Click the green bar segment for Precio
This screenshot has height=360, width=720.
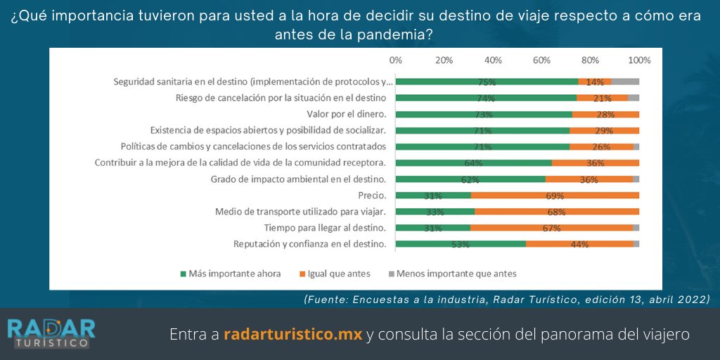pos(433,195)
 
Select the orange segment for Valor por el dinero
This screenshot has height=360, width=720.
pos(605,114)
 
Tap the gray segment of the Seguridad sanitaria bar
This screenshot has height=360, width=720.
pos(625,82)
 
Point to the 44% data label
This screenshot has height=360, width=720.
pos(579,244)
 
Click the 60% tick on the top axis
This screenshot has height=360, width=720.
pos(541,60)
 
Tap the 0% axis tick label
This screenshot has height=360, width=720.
pos(396,60)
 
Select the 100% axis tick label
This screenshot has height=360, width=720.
pos(639,60)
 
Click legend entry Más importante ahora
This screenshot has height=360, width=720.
pos(231,274)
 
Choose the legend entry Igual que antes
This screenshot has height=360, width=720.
pos(334,274)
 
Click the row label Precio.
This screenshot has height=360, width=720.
pos(373,195)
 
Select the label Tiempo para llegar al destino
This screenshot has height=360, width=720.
pos(325,228)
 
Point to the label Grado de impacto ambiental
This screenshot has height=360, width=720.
pos(299,179)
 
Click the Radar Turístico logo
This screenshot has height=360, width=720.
pos(51,333)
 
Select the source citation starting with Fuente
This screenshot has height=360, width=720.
pos(507,299)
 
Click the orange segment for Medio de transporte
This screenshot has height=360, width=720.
pos(556,212)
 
